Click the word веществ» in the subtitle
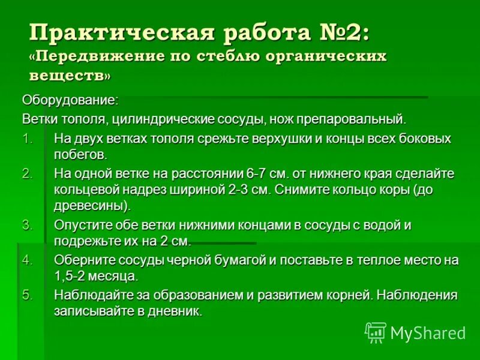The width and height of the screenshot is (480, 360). [70, 76]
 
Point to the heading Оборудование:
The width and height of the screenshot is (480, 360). [70, 98]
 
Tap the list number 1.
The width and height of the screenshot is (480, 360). [28, 139]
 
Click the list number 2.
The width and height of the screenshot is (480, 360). [28, 173]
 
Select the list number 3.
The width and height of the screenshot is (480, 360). [28, 225]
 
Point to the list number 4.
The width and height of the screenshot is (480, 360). [28, 260]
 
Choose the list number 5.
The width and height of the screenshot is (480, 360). [28, 295]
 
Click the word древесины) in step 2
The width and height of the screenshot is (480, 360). [92, 206]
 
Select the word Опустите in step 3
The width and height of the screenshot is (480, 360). [80, 225]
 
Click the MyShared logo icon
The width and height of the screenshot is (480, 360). [376, 332]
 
